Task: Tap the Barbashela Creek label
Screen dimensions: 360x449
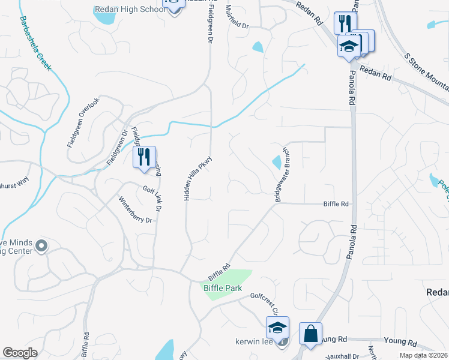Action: tap(35, 43)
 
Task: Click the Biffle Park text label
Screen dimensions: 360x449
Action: tap(220, 289)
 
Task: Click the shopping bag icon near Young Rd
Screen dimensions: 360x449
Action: tap(310, 334)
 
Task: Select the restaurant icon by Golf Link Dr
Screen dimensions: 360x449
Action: tap(144, 157)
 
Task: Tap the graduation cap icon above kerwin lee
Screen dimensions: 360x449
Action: tap(277, 328)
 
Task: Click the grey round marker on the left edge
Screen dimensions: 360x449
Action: tap(41, 245)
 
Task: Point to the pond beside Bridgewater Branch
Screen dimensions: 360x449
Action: tap(277, 162)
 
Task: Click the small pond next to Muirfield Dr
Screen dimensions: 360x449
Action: tap(258, 46)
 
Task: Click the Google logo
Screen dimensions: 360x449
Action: tap(20, 353)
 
